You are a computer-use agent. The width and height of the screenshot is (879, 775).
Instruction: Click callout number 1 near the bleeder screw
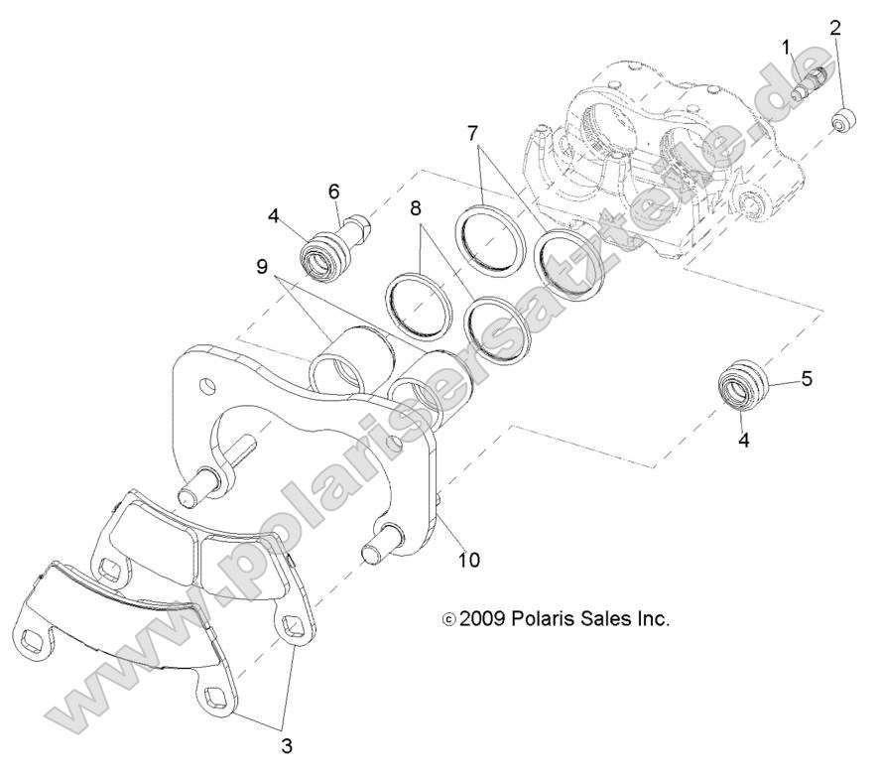tap(786, 47)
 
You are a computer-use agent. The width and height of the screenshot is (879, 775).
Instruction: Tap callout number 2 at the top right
tap(835, 27)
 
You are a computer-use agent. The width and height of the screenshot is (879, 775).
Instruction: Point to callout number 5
tap(807, 378)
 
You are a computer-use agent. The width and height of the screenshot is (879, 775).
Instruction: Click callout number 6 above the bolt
tap(334, 190)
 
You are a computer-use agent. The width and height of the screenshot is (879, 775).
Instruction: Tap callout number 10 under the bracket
tap(468, 560)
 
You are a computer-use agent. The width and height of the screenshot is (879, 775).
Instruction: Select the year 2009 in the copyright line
tap(484, 618)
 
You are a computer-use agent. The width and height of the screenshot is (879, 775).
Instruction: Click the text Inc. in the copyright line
tap(654, 618)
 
